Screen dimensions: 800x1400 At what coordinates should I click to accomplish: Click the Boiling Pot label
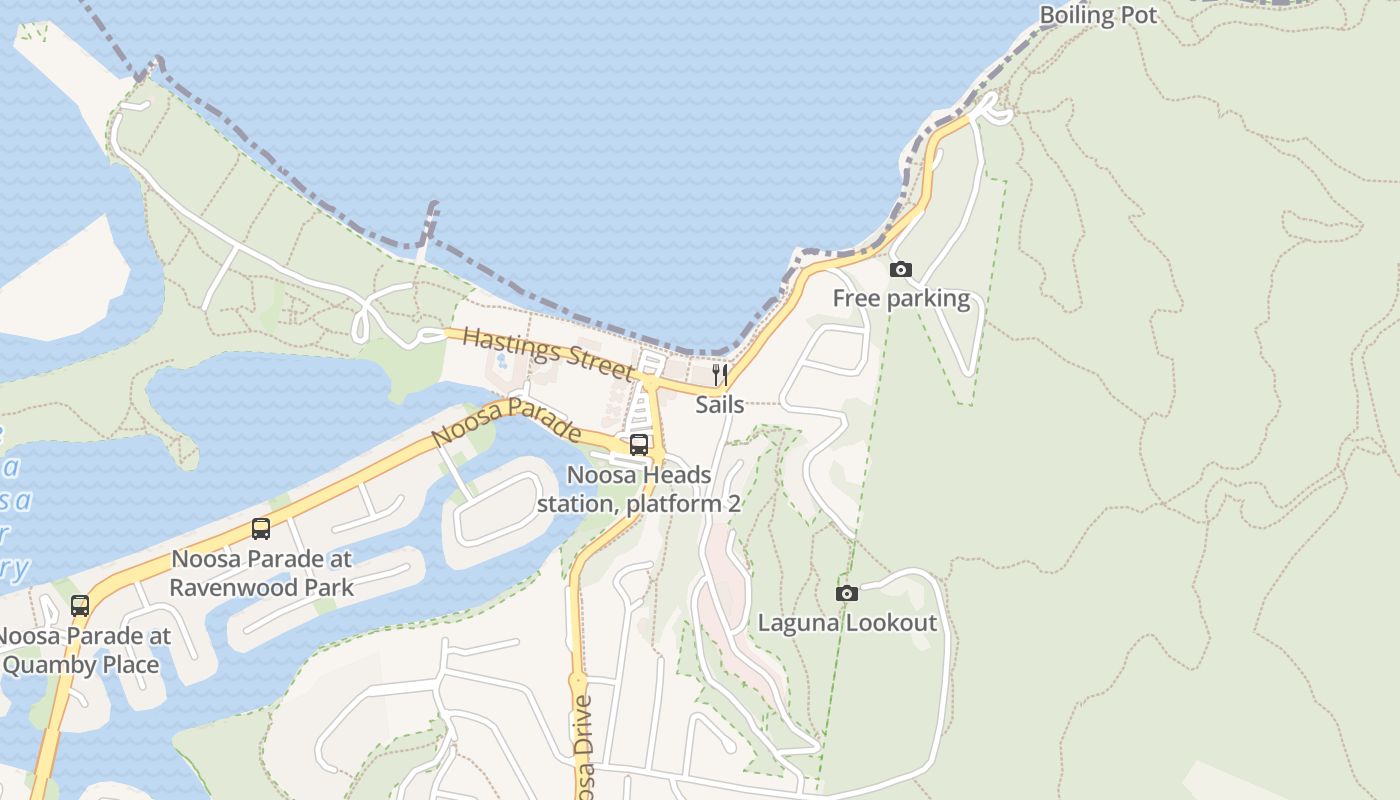[x=1098, y=15]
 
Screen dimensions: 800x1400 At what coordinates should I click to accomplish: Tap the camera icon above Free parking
[x=901, y=270]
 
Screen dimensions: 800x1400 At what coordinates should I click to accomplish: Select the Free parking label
[x=901, y=299]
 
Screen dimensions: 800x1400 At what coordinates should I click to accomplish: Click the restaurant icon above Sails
[x=719, y=375]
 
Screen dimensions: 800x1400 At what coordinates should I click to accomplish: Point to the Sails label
[x=720, y=404]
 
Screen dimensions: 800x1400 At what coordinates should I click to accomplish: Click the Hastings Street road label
[x=548, y=353]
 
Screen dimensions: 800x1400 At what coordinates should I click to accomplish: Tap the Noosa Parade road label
[x=506, y=422]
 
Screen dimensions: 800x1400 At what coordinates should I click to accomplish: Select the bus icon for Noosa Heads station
[x=639, y=445]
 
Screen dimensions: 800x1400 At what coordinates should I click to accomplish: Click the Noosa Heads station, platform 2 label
[x=639, y=489]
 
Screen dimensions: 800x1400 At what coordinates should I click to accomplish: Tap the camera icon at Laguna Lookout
[x=847, y=594]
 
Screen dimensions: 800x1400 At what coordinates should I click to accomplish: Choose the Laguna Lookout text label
[x=847, y=623]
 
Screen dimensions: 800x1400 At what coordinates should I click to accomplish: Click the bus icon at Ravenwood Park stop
[x=261, y=529]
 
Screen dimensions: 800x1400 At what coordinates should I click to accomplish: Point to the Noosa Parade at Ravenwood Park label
[x=261, y=573]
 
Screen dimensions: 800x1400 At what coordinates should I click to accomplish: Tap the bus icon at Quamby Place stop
[x=80, y=606]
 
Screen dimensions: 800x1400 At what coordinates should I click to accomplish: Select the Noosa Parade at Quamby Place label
[x=82, y=650]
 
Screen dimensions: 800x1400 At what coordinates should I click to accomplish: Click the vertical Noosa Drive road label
[x=585, y=745]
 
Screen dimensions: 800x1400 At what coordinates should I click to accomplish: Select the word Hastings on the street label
[x=506, y=344]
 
